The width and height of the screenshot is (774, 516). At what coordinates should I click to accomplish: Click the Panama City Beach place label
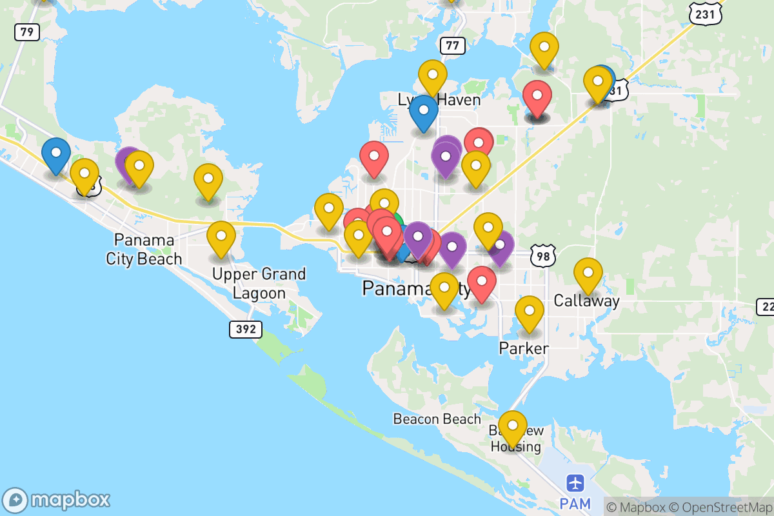coord(144,250)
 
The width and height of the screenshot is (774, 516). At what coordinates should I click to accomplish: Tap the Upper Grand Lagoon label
coord(259,283)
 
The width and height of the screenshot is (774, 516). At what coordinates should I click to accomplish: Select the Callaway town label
coord(586,301)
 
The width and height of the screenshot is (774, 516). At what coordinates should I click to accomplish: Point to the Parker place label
coord(524,348)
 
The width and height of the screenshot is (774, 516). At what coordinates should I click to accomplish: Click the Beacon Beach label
coord(437,419)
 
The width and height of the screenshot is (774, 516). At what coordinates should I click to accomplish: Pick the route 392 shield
coord(246,329)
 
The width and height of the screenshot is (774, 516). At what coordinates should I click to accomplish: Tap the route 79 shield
coord(27,31)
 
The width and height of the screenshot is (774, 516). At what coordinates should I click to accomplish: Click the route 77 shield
coord(453,45)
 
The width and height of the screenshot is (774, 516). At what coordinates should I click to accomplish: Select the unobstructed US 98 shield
coord(542,256)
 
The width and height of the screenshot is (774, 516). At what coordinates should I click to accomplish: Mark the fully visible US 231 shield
coord(700,13)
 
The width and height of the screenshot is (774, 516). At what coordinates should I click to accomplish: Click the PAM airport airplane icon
coord(575,482)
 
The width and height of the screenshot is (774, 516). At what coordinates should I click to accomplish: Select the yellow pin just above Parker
coord(529,312)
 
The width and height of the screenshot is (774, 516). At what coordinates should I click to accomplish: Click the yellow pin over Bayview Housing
coord(513,426)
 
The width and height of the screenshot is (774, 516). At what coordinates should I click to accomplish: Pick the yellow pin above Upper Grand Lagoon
coord(221,237)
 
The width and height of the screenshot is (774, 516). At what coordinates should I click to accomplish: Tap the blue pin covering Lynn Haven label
coord(424,110)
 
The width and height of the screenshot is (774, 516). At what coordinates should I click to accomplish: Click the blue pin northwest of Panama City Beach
coord(56,154)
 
